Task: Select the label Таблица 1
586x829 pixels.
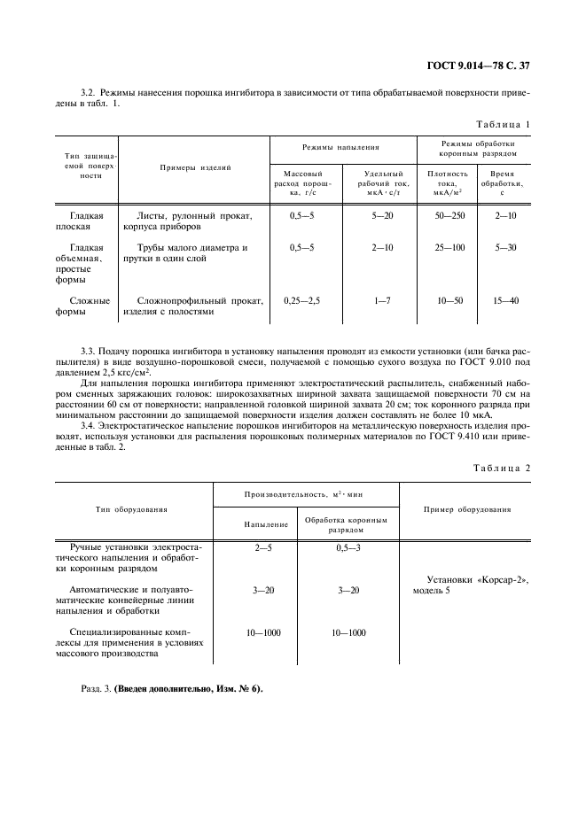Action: coord(501,124)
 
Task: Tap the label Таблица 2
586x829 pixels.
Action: coord(501,467)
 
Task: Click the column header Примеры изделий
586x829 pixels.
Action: coord(195,167)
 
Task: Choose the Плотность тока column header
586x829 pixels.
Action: coord(448,182)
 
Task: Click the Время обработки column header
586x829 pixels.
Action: coord(506,182)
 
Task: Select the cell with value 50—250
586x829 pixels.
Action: coord(448,215)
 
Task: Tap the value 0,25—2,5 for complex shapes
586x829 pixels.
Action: coord(302,300)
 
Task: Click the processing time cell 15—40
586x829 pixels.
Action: coord(506,300)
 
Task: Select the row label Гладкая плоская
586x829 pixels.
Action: coord(87,221)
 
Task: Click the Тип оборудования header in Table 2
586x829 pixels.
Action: coord(132,509)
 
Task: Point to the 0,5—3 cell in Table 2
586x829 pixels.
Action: coord(348,549)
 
